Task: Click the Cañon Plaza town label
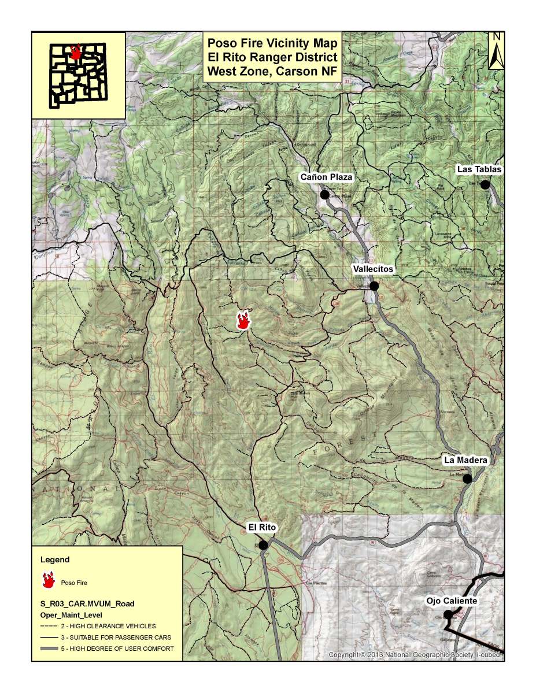[326, 177]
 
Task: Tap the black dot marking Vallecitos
[374, 286]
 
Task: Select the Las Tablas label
[479, 169]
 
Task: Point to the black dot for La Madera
[467, 478]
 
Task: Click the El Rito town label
[263, 527]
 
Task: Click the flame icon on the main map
[243, 320]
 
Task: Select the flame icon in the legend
[49, 580]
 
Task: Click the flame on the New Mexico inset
[75, 53]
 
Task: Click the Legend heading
[55, 559]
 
